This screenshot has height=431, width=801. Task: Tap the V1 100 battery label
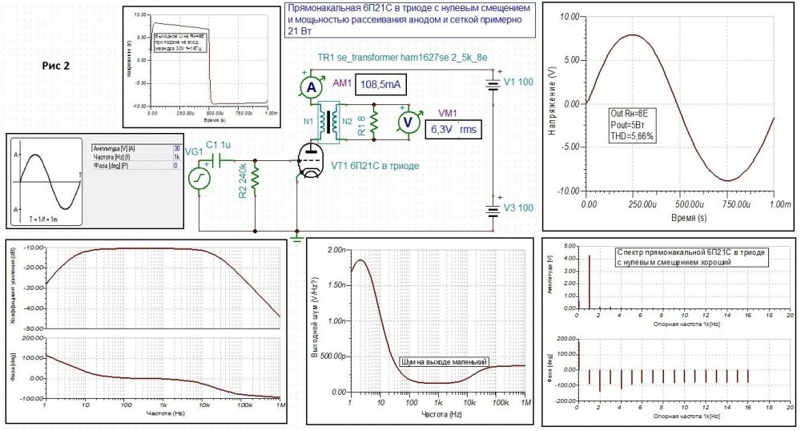pyautogui.click(x=517, y=81)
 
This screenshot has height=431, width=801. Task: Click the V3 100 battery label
pyautogui.click(x=517, y=207)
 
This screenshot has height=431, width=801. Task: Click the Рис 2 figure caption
pyautogui.click(x=56, y=66)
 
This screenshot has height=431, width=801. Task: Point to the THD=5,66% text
pyautogui.click(x=633, y=136)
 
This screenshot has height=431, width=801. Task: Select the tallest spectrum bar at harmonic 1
pyautogui.click(x=590, y=281)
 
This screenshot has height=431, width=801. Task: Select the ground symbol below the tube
pyautogui.click(x=296, y=238)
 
